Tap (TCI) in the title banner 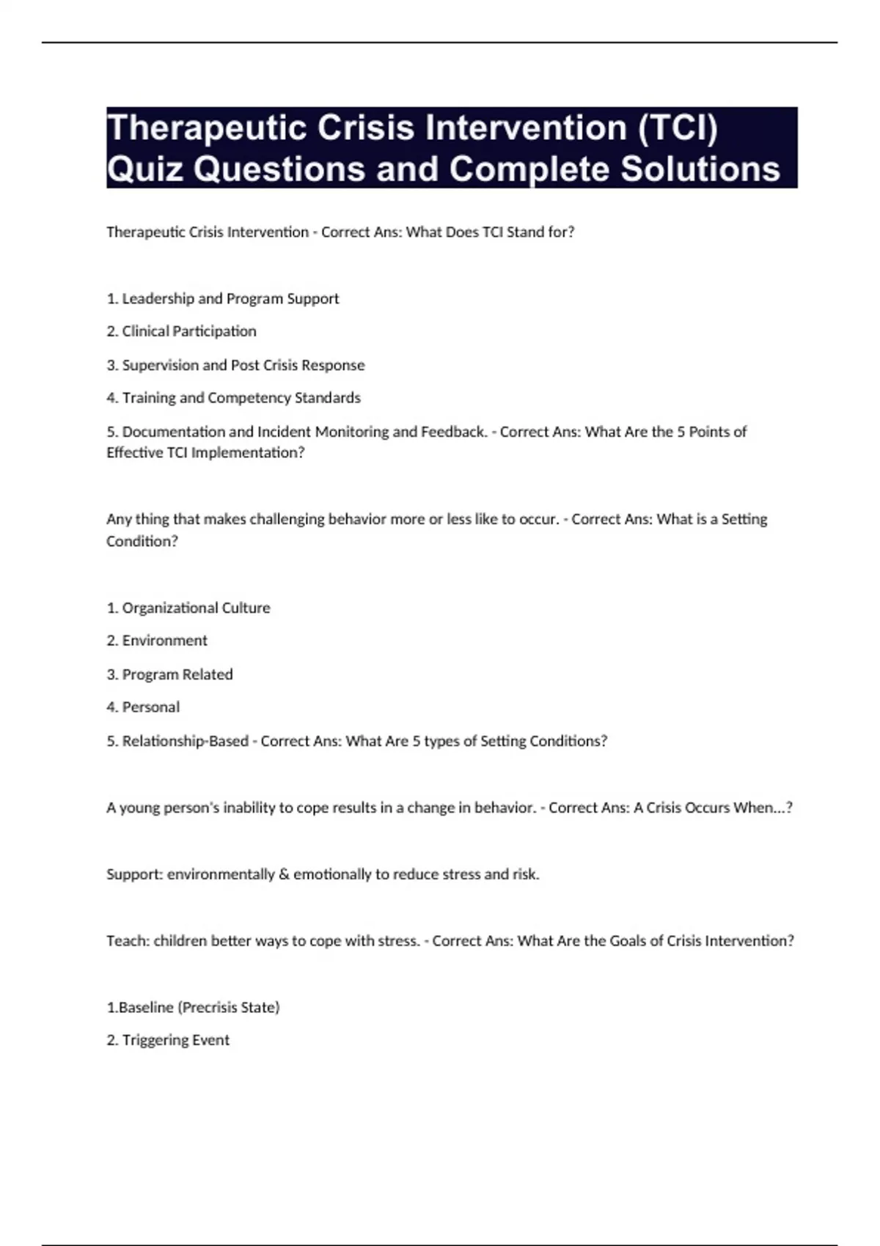(678, 128)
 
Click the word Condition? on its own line (142, 541)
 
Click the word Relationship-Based (185, 741)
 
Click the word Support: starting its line (135, 874)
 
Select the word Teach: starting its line (128, 941)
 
